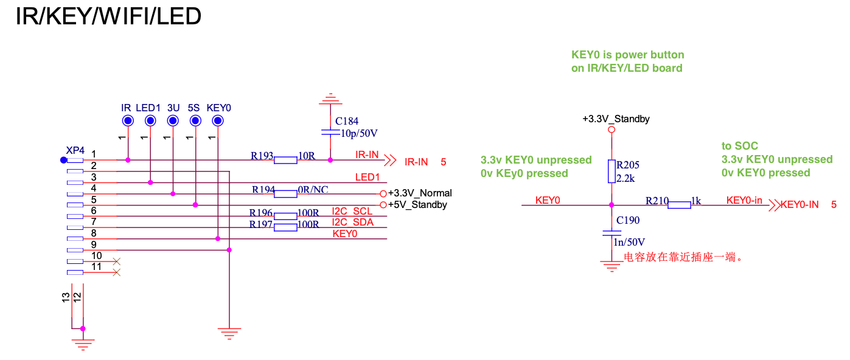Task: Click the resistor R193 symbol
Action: coord(285,160)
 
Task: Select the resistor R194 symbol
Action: coord(285,193)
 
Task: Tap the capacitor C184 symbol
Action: coord(330,131)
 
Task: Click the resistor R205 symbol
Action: coord(611,171)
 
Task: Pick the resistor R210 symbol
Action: coord(679,205)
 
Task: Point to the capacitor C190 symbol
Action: coord(611,232)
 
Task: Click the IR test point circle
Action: coord(127,121)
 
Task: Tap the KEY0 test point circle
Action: coord(218,121)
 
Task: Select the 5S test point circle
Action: coord(195,121)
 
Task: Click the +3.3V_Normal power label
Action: coord(420,193)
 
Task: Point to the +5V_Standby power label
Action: coord(417,205)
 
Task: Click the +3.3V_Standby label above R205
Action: coord(616,119)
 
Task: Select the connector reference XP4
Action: coord(75,150)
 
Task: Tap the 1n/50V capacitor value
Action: coord(630,243)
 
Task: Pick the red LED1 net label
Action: coord(367,177)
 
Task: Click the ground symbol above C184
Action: coord(330,98)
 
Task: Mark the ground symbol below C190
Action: coord(611,265)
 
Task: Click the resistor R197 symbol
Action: coord(285,227)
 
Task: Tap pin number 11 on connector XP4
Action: coord(97,266)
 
